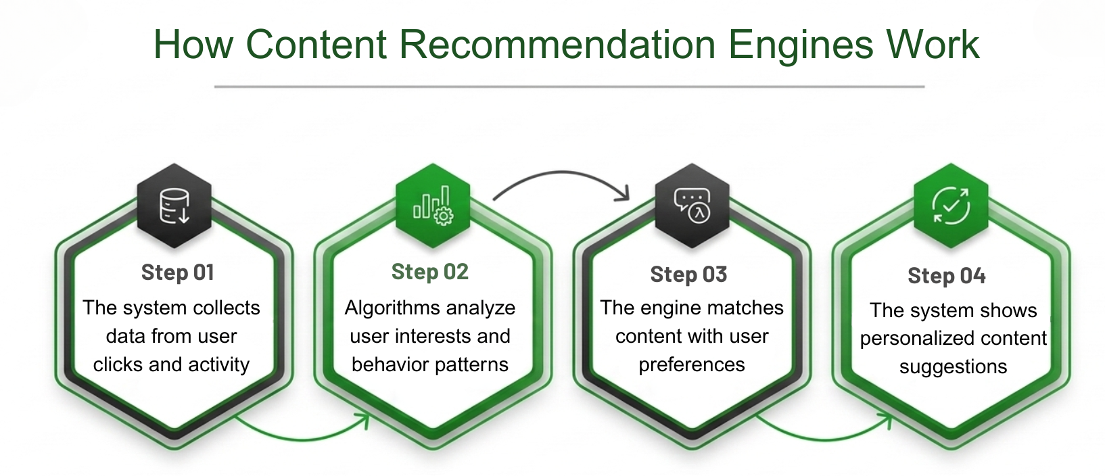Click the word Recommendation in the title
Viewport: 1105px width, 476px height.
(558, 45)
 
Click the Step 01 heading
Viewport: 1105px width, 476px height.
(177, 272)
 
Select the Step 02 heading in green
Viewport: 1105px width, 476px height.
(429, 272)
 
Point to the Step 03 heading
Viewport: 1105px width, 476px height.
(688, 275)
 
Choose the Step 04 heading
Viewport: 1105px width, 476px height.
(946, 276)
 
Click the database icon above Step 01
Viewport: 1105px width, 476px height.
(174, 206)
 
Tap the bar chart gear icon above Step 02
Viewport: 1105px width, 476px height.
(433, 206)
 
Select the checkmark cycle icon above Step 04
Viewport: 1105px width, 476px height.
(951, 205)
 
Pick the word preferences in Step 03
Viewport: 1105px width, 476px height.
(691, 365)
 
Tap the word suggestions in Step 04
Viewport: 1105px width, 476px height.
(953, 366)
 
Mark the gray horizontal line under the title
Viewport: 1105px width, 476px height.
(569, 87)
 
